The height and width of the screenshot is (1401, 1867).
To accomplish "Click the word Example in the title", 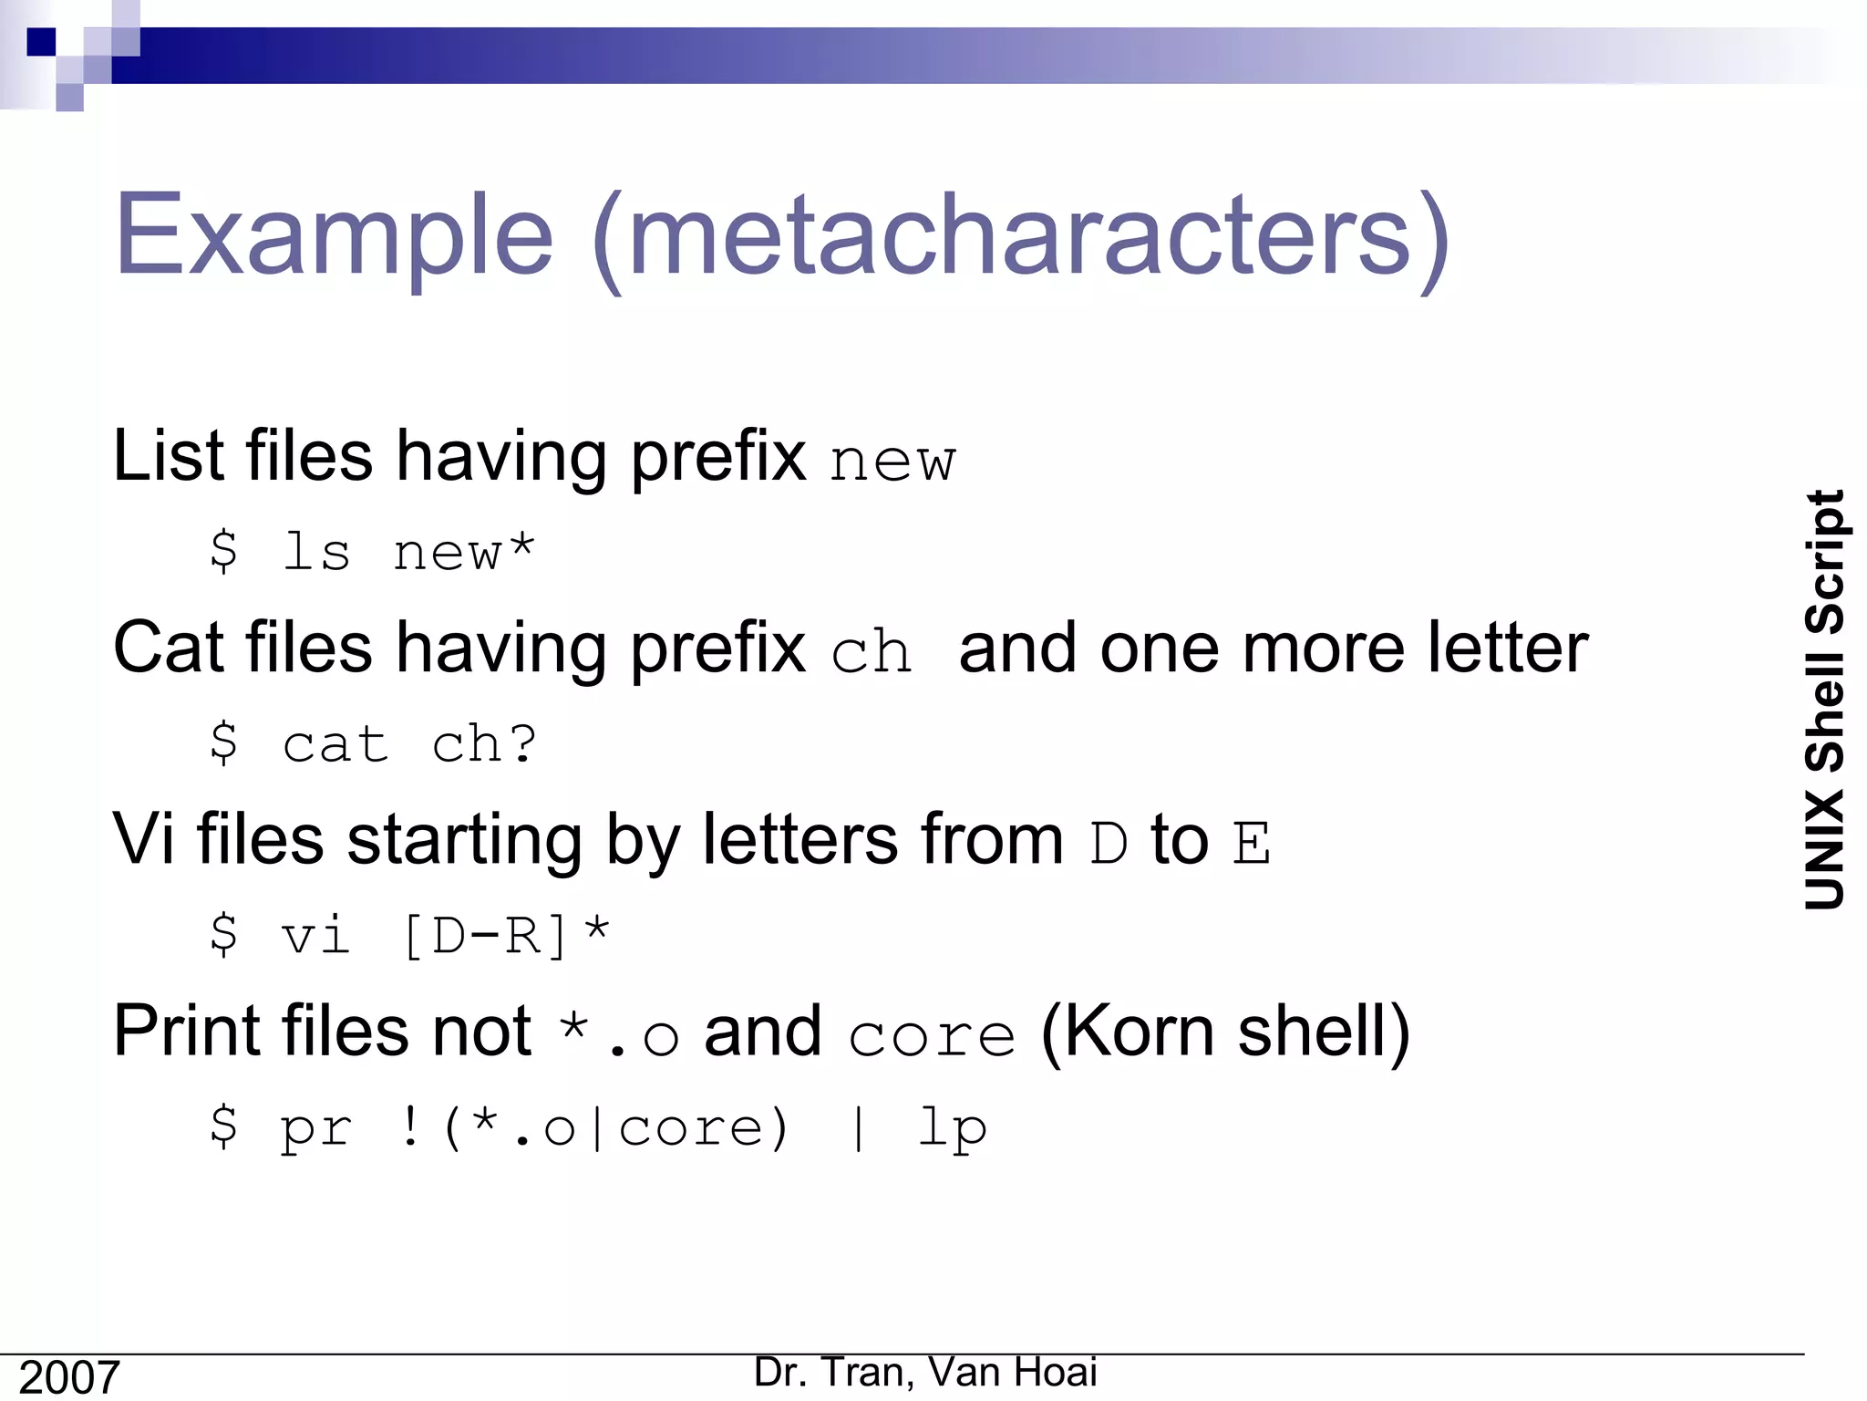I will pos(334,235).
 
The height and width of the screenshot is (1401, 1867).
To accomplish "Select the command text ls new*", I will pos(407,552).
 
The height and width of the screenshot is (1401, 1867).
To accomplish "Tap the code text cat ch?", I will pos(409,744).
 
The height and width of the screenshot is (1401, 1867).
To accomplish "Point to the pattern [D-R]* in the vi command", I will pos(505,935).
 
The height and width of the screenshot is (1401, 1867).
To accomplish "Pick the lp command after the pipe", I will pos(952,1128).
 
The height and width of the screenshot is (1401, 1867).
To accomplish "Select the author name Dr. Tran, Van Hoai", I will pos(925,1372).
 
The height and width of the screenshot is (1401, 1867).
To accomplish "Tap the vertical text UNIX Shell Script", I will pos(1825,700).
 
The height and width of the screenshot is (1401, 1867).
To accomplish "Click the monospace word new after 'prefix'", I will pos(892,461).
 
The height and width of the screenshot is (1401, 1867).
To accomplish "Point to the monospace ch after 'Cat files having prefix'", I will pos(872,653).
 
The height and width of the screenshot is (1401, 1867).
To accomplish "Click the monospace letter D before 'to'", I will pos(1109,844).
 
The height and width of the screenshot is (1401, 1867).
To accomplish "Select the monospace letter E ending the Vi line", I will pos(1251,844).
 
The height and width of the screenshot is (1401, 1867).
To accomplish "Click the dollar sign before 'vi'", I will pos(223,934).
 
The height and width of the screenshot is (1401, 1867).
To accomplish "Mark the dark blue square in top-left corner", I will pos(41,42).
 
